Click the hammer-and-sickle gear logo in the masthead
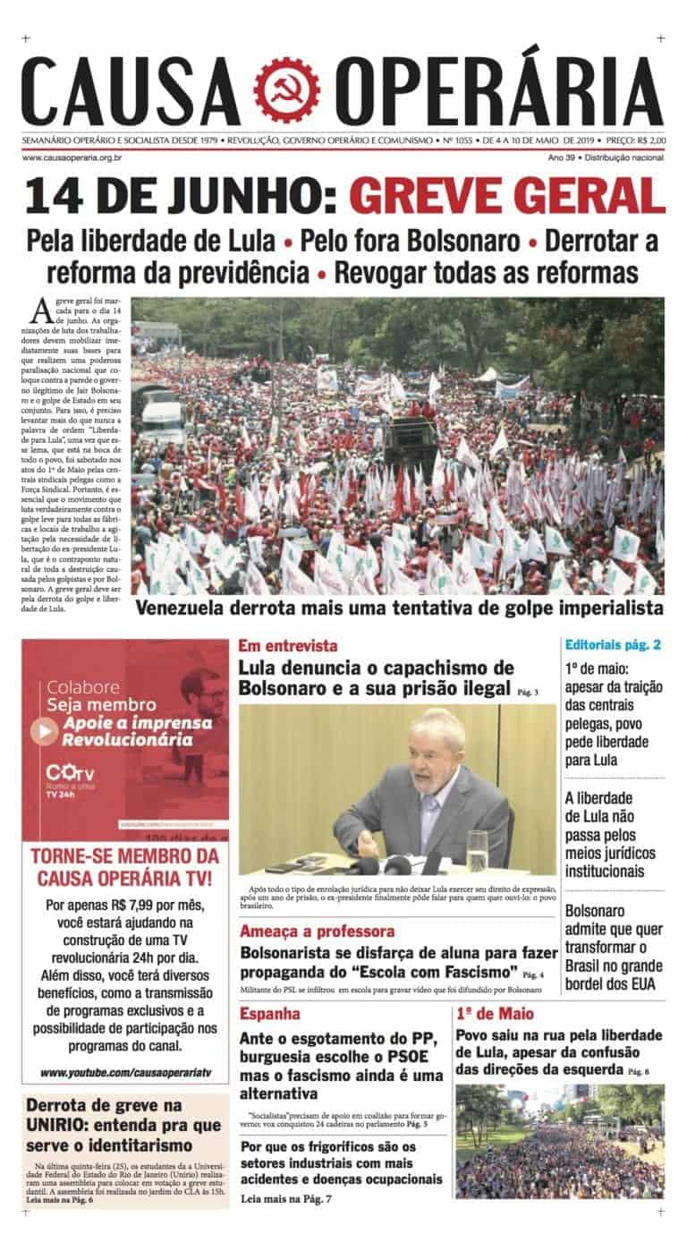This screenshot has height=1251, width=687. tap(286, 91)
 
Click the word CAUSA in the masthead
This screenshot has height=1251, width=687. tap(131, 91)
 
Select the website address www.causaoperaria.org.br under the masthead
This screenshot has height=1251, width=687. tap(72, 157)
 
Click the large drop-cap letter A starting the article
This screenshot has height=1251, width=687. tap(40, 311)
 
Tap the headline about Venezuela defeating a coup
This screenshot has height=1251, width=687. tap(399, 608)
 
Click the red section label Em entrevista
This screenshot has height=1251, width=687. tap(288, 645)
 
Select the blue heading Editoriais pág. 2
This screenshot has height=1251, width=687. tap(614, 644)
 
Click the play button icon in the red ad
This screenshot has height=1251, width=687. tap(45, 731)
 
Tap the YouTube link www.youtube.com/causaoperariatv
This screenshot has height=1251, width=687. tap(125, 1072)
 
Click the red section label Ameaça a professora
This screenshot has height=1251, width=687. tap(317, 931)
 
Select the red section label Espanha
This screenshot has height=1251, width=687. tap(270, 1014)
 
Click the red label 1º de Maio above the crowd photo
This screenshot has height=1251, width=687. tap(495, 1014)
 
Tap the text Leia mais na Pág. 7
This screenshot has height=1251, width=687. tap(285, 1198)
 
